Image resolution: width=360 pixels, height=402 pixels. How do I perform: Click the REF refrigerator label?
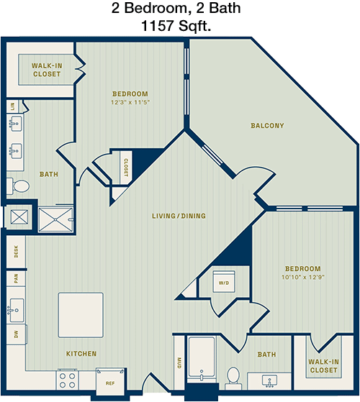pyautogui.click(x=110, y=383)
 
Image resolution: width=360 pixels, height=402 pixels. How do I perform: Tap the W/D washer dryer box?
pyautogui.click(x=224, y=281)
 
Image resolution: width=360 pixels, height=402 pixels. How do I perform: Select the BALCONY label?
pyautogui.click(x=267, y=126)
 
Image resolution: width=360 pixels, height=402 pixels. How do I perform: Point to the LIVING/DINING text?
pyautogui.click(x=179, y=216)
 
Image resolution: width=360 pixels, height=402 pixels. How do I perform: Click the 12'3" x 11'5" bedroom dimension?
pyautogui.click(x=130, y=102)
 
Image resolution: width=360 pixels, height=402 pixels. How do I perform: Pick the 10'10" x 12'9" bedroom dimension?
pyautogui.click(x=303, y=277)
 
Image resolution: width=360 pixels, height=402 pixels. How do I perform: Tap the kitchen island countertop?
pyautogui.click(x=81, y=315)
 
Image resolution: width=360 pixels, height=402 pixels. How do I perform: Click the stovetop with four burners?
pyautogui.click(x=67, y=380)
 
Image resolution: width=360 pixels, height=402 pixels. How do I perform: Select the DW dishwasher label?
pyautogui.click(x=16, y=334)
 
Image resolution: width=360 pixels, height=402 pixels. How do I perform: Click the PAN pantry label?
pyautogui.click(x=16, y=278)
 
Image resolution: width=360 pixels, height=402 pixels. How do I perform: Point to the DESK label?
pyautogui.click(x=16, y=252)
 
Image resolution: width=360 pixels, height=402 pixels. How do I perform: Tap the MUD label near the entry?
pyautogui.click(x=179, y=362)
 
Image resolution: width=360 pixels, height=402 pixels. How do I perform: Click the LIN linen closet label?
pyautogui.click(x=12, y=106)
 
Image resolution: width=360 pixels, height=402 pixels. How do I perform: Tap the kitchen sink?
pyautogui.click(x=17, y=310)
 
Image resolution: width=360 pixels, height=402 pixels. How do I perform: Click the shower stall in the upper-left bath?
pyautogui.click(x=55, y=219)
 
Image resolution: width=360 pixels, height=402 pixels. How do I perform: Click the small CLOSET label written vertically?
pyautogui.click(x=126, y=168)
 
